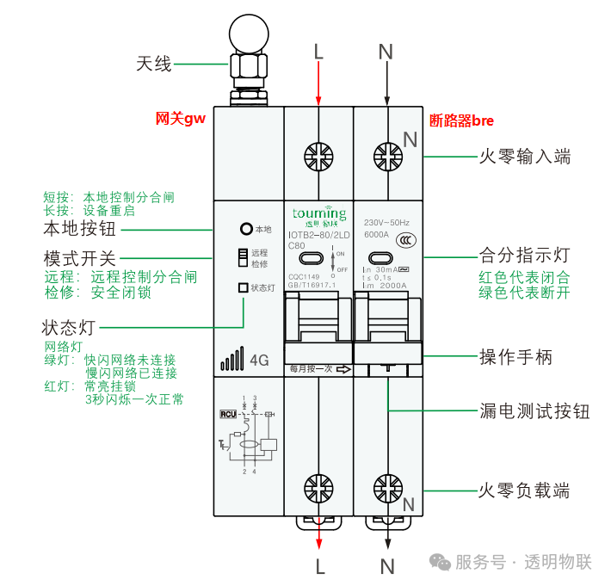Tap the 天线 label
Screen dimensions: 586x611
click(x=155, y=64)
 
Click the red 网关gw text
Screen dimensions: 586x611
click(x=181, y=120)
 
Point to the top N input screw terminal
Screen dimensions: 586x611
click(x=386, y=157)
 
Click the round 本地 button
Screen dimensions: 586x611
click(x=246, y=230)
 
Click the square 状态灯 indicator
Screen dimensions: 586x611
click(x=244, y=287)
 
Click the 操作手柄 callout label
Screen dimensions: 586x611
click(x=515, y=357)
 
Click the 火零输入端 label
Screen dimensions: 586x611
click(x=524, y=157)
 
